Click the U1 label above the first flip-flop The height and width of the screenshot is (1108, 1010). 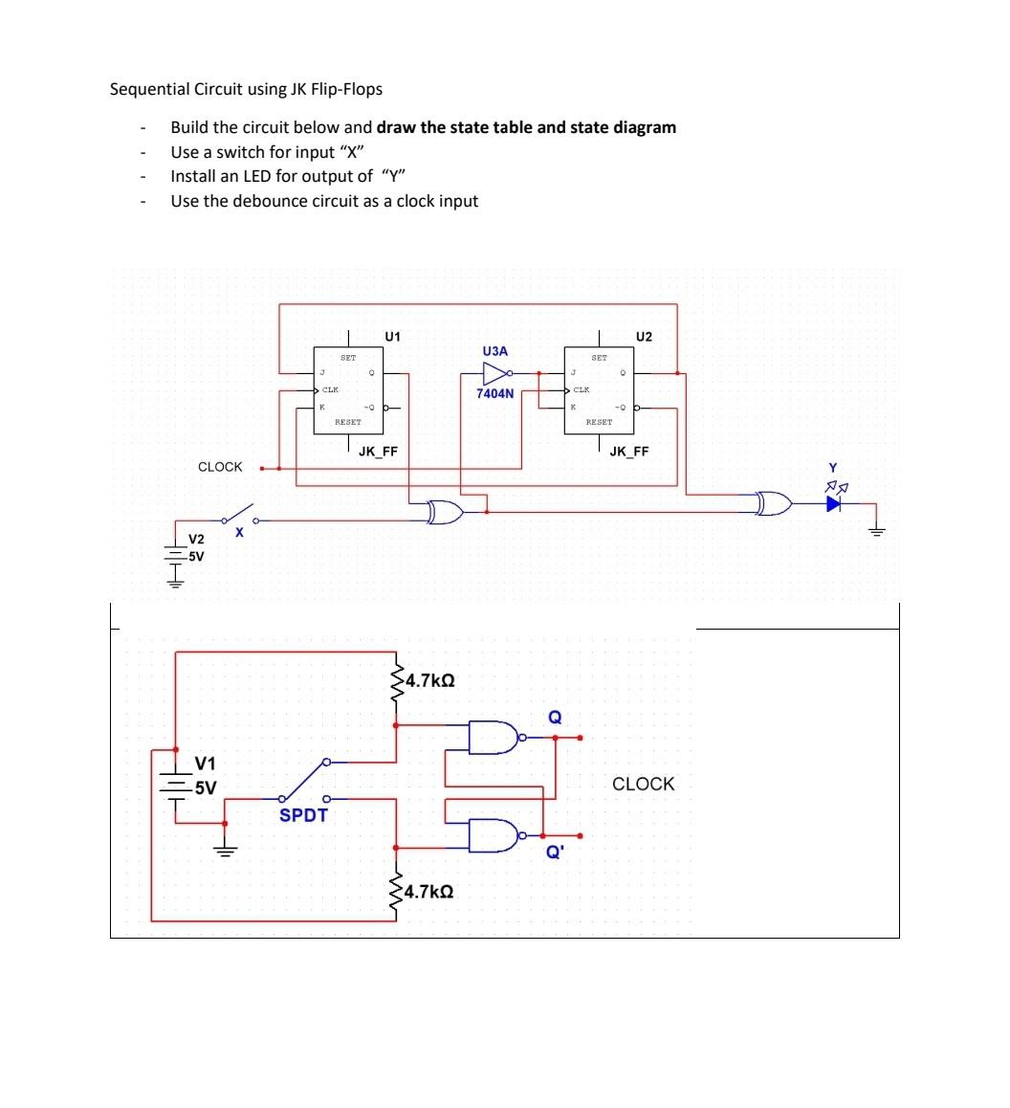click(x=392, y=337)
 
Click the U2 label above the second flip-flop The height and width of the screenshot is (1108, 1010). click(x=643, y=337)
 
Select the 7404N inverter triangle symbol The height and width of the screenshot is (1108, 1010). click(x=496, y=373)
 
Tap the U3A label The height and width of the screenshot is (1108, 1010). click(x=495, y=352)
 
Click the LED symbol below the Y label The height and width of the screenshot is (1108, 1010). click(x=833, y=504)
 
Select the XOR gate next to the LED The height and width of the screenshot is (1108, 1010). click(x=771, y=504)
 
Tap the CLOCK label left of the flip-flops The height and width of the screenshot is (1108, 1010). click(x=220, y=467)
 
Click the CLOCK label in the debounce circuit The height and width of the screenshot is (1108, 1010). click(x=643, y=784)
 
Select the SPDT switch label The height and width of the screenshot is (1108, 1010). click(x=303, y=815)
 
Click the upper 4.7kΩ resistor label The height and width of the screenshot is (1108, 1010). click(x=429, y=682)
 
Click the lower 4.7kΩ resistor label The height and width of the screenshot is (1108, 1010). click(x=429, y=893)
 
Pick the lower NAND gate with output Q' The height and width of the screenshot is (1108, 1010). click(x=494, y=835)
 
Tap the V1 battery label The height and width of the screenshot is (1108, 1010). click(x=205, y=764)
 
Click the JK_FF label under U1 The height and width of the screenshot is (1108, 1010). click(x=378, y=452)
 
